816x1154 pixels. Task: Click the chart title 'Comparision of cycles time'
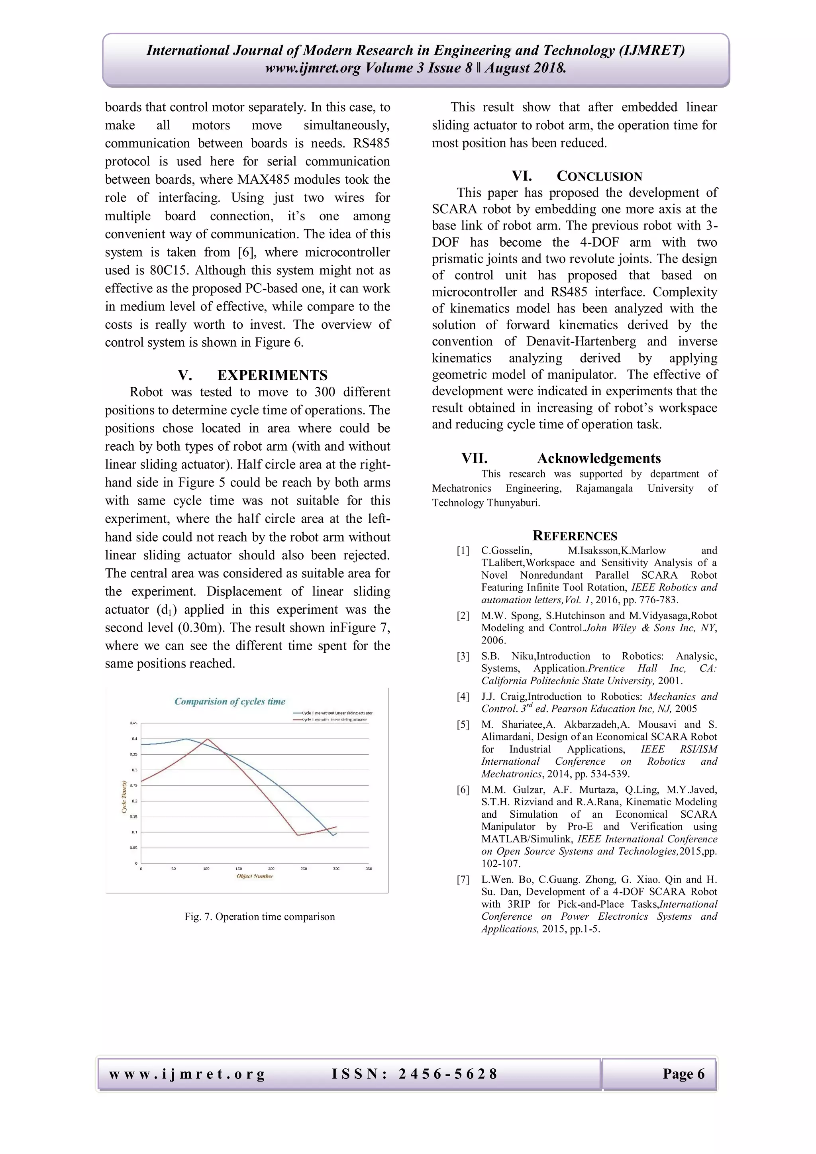(x=229, y=701)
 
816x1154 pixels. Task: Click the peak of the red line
(x=208, y=739)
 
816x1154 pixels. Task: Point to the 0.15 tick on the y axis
(x=133, y=817)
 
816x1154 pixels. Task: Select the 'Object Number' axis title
(x=255, y=876)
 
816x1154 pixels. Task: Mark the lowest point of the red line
(x=298, y=835)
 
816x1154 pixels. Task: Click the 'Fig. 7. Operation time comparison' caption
(x=259, y=917)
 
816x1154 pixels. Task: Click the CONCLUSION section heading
(x=599, y=177)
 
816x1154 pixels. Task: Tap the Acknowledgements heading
(x=598, y=458)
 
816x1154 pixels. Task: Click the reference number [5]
(x=463, y=725)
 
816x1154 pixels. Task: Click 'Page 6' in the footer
(x=683, y=1074)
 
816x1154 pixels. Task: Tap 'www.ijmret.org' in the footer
(x=187, y=1074)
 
